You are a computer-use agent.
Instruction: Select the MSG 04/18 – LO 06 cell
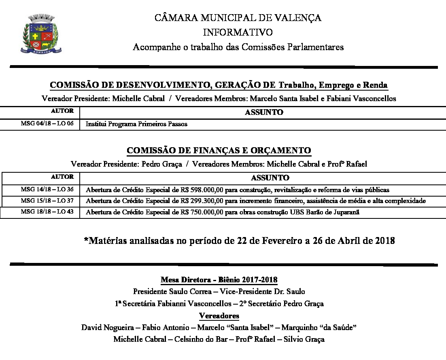click(x=47, y=124)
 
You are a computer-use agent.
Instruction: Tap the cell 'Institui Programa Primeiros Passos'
click(x=136, y=124)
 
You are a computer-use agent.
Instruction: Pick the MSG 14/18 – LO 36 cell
click(x=47, y=189)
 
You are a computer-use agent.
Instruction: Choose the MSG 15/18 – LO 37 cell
click(x=47, y=201)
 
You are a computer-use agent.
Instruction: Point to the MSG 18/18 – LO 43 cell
click(x=47, y=212)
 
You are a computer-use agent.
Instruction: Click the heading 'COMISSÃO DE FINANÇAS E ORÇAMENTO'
click(x=219, y=150)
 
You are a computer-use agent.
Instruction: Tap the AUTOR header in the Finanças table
click(x=62, y=177)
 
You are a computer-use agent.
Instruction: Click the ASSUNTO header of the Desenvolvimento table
click(x=264, y=112)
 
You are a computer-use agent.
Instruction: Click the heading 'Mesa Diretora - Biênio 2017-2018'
click(x=219, y=280)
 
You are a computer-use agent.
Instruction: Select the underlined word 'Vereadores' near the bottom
click(x=219, y=316)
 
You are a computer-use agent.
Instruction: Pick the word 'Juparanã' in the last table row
click(x=348, y=212)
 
